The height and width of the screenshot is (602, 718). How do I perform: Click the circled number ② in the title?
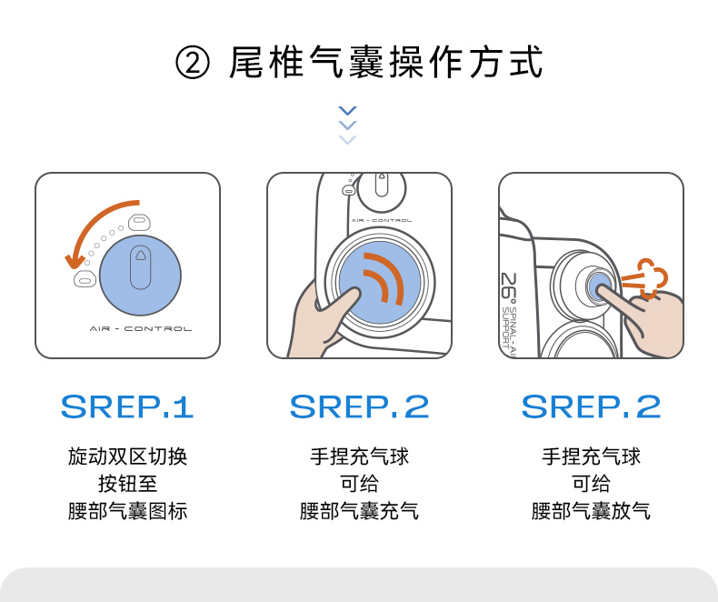(193, 63)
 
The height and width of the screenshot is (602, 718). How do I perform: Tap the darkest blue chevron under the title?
(347, 111)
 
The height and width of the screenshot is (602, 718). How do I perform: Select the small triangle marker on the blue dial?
(140, 255)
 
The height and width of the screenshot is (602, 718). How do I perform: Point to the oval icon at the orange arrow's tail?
(140, 222)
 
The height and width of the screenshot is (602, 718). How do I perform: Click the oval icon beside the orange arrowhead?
(85, 278)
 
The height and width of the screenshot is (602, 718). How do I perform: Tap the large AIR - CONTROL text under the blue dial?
(141, 328)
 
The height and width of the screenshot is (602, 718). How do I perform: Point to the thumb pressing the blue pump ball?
(347, 304)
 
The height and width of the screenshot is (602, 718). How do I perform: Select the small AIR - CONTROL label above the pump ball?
(382, 220)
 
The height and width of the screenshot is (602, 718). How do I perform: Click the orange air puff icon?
(644, 277)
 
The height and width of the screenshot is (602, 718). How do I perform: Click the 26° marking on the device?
(509, 287)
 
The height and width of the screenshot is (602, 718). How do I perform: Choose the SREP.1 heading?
(127, 406)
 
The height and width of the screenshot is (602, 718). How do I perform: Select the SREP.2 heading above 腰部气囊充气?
(360, 406)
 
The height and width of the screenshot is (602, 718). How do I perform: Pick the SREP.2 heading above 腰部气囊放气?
(591, 406)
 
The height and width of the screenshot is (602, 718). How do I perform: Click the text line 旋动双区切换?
(127, 457)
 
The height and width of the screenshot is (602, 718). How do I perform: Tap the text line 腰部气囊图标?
(127, 511)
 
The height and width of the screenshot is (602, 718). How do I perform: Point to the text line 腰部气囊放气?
(591, 511)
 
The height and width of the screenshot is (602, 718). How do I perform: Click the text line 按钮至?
(127, 484)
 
